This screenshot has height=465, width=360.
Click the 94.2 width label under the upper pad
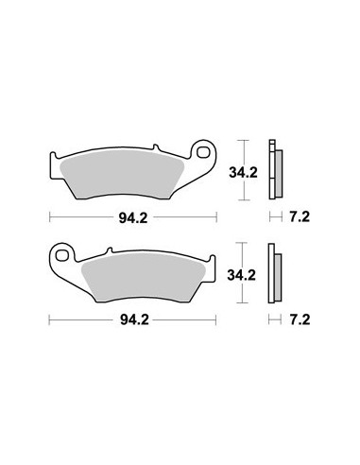tap(133, 217)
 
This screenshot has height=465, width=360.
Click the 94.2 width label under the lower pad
tap(134, 320)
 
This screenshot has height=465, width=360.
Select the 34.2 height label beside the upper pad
tap(243, 172)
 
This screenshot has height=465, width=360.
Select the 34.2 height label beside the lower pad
tap(242, 275)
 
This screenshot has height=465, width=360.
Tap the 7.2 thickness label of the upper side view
tap(300, 216)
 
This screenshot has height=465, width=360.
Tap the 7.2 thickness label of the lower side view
tap(300, 320)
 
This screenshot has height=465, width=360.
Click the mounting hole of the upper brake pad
tap(203, 152)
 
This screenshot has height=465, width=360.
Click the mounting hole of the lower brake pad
tap(62, 255)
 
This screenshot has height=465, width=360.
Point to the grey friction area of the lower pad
tap(144, 278)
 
